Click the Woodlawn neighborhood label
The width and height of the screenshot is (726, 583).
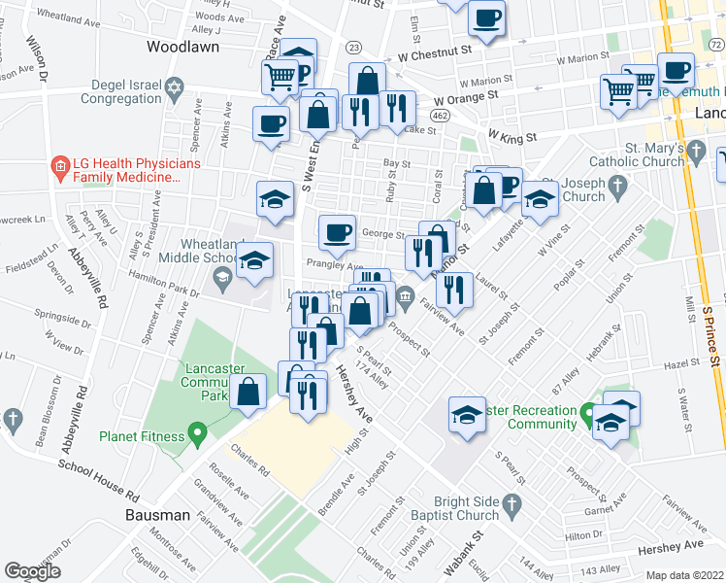182,46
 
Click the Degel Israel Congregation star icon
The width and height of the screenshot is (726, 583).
175,88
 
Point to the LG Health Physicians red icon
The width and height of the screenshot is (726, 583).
60,167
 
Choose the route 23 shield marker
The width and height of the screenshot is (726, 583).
353,47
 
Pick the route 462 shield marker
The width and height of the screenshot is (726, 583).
442,116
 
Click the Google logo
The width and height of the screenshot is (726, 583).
32,571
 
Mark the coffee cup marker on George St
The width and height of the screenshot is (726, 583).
337,234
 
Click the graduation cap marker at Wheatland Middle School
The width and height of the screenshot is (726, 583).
254,262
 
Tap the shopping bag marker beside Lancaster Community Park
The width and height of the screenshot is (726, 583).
249,394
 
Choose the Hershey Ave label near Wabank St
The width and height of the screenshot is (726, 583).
670,549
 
